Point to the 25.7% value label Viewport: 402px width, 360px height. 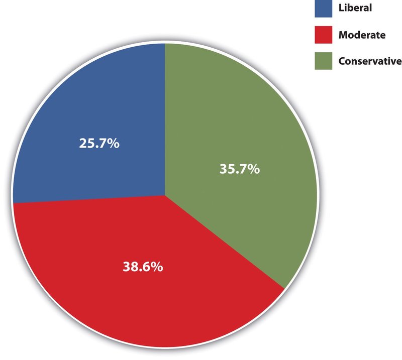[99, 144]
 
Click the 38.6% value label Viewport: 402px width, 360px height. [143, 267]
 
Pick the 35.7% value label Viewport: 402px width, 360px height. [240, 169]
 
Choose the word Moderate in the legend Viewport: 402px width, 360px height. [362, 35]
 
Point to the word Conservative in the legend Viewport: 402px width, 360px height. [370, 61]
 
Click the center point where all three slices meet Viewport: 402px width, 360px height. [165, 195]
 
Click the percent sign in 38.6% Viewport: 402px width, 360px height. [156, 267]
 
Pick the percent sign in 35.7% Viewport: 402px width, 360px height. [253, 169]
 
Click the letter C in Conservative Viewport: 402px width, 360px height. [342, 61]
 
